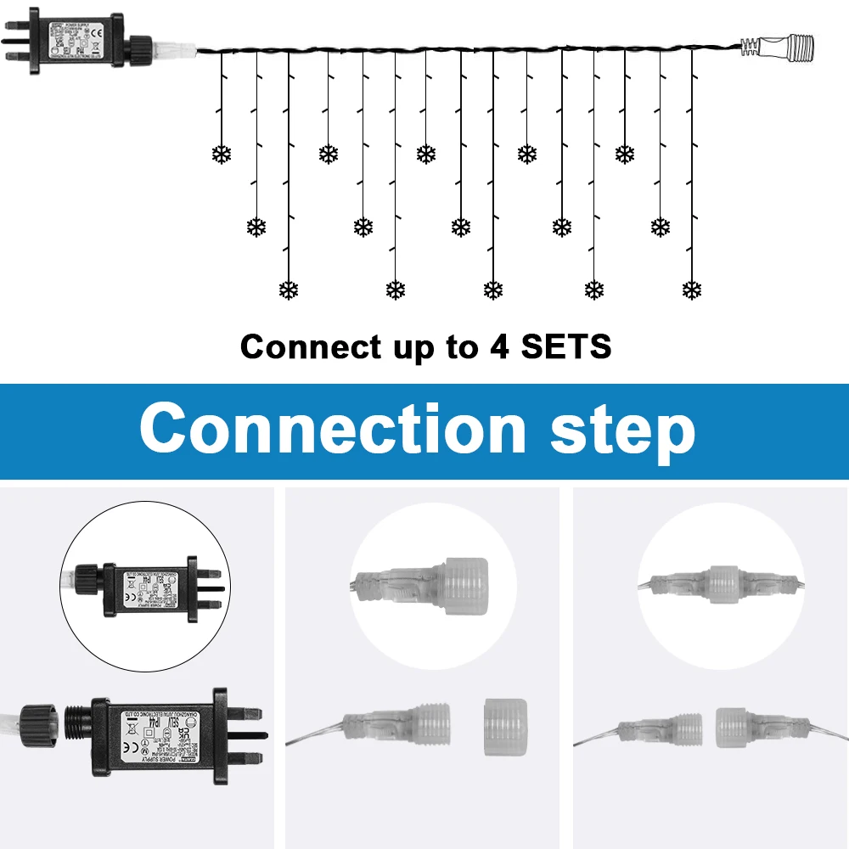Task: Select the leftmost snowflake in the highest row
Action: pyautogui.click(x=222, y=154)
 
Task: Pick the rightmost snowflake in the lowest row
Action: pyautogui.click(x=692, y=290)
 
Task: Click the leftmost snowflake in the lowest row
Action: pyautogui.click(x=290, y=290)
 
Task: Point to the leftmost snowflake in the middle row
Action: pyautogui.click(x=256, y=227)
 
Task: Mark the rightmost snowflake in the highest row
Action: pyautogui.click(x=625, y=154)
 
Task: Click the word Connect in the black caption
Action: pyautogui.click(x=311, y=346)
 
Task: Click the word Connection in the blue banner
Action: pyautogui.click(x=333, y=430)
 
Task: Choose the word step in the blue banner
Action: pyautogui.click(x=622, y=431)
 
